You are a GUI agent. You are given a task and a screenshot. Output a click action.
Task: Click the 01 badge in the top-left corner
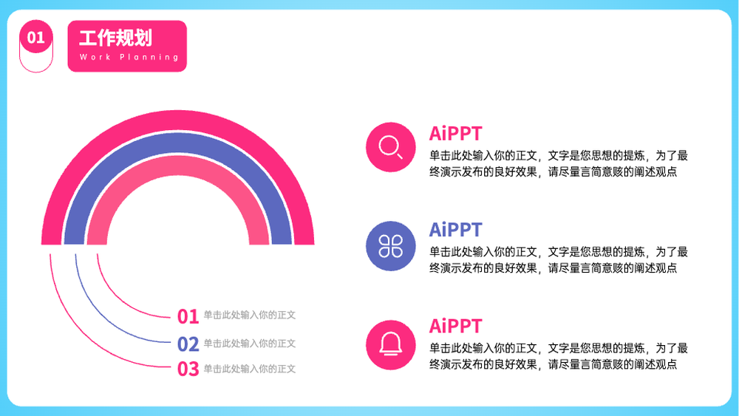pyautogui.click(x=35, y=37)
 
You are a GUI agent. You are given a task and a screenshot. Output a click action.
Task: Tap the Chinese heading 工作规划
pyautogui.click(x=115, y=38)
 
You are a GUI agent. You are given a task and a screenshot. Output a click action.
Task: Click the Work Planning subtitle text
pyautogui.click(x=129, y=57)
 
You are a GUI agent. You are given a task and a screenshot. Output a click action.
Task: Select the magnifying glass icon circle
pyautogui.click(x=391, y=147)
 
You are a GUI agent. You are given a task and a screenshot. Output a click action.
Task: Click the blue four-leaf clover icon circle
pyautogui.click(x=391, y=246)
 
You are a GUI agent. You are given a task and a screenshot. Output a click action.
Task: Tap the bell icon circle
pyautogui.click(x=391, y=345)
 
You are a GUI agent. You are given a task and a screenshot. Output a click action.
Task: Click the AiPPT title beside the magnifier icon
pyautogui.click(x=455, y=134)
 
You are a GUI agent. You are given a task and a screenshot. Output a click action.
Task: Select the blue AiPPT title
pyautogui.click(x=455, y=230)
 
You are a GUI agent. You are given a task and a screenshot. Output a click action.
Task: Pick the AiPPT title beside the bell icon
pyautogui.click(x=455, y=326)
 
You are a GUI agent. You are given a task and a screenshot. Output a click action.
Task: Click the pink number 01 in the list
pyautogui.click(x=188, y=316)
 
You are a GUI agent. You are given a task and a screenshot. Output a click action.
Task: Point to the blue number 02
pyautogui.click(x=188, y=344)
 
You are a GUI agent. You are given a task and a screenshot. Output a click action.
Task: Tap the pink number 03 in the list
pyautogui.click(x=188, y=369)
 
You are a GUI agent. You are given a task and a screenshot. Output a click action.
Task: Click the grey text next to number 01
pyautogui.click(x=249, y=315)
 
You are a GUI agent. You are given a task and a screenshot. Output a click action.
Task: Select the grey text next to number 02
pyautogui.click(x=249, y=344)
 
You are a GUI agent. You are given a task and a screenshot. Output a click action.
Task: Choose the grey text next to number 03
pyautogui.click(x=249, y=369)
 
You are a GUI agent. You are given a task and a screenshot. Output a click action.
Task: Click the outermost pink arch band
pyautogui.click(x=177, y=120)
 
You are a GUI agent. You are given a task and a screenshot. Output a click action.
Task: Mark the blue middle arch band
pyautogui.click(x=177, y=143)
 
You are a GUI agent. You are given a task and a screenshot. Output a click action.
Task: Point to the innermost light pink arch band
pyautogui.click(x=177, y=166)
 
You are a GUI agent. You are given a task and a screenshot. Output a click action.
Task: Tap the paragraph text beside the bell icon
pyautogui.click(x=559, y=356)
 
